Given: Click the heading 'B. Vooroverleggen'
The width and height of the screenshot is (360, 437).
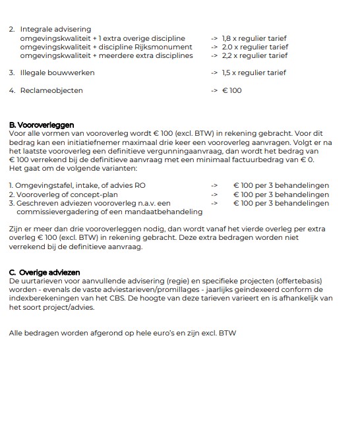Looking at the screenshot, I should (x=42, y=125).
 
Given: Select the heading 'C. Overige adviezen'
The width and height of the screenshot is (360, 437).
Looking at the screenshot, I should (x=45, y=272).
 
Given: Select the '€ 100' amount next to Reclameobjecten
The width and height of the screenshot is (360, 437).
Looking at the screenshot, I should (x=232, y=90).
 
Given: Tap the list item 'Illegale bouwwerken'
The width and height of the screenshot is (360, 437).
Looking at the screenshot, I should (x=57, y=73).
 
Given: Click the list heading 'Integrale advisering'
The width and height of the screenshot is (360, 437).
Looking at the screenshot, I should (x=55, y=30).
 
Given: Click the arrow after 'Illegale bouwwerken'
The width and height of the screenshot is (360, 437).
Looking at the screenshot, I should (x=214, y=73).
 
